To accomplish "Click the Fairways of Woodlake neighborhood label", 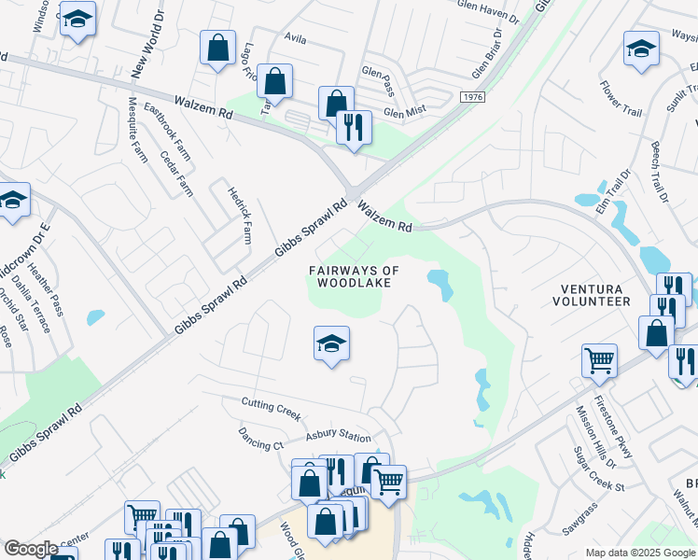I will tap(354, 276).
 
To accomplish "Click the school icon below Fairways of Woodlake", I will tap(331, 344).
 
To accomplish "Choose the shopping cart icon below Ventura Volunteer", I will tap(599, 359).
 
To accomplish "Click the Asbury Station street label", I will tap(338, 436).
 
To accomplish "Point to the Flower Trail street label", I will tap(621, 99).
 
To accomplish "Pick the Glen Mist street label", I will tap(405, 113).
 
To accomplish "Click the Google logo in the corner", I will tap(31, 549).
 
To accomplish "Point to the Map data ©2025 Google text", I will tap(639, 553).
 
